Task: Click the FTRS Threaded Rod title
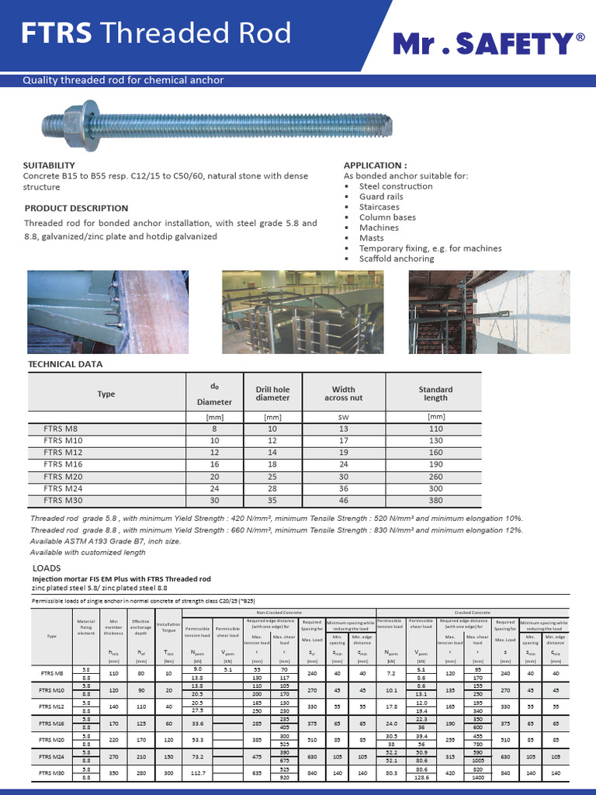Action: tap(156, 33)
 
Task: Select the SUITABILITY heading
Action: tap(49, 165)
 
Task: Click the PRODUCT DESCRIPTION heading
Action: tap(76, 208)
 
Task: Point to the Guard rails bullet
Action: tap(381, 197)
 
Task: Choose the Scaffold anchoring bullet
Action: tap(396, 259)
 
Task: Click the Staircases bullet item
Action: tap(379, 207)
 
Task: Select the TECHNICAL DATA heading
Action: tap(65, 364)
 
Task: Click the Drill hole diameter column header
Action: tap(272, 394)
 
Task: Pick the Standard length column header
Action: tap(435, 394)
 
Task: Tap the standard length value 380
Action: tap(435, 500)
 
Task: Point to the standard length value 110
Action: tap(435, 429)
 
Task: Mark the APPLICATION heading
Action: tap(375, 165)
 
